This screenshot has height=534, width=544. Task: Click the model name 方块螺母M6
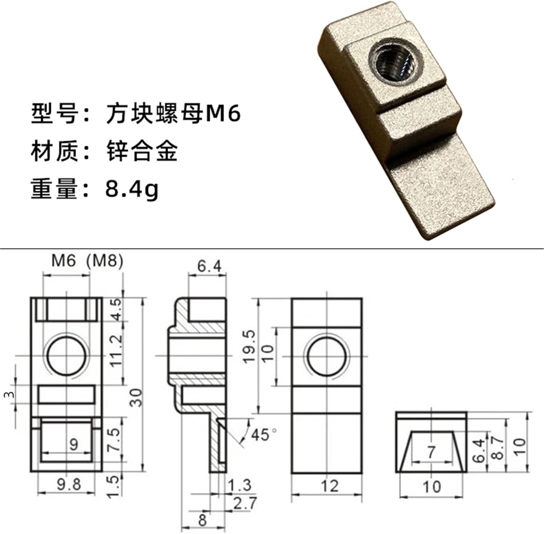(173, 114)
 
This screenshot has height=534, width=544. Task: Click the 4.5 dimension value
(116, 309)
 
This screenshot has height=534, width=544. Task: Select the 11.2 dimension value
(116, 351)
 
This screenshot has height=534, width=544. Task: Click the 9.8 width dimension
(69, 484)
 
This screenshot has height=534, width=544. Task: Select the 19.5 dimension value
(250, 347)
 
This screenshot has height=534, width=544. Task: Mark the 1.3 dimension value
(240, 485)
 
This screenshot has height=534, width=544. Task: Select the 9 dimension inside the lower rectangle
(74, 444)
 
